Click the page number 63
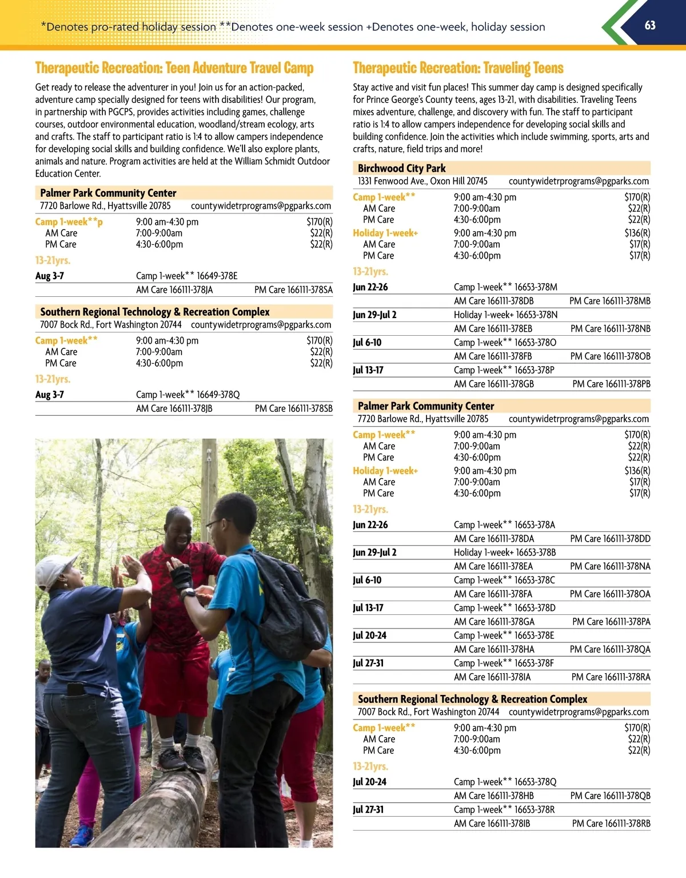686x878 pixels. tap(650, 25)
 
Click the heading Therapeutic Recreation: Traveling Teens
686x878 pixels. tap(458, 68)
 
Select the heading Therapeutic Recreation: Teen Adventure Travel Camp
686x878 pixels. tap(174, 68)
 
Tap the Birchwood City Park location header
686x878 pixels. tap(401, 168)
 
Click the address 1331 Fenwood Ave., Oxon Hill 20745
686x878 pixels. tap(422, 181)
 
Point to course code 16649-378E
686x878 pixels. tap(217, 276)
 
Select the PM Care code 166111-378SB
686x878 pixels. tap(293, 408)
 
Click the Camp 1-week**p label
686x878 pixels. tap(69, 221)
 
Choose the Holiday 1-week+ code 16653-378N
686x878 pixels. tap(536, 315)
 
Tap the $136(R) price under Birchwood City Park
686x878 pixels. tap(637, 233)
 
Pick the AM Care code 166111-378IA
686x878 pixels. tap(492, 677)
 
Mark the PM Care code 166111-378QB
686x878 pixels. tap(610, 796)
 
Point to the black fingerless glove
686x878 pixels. tap(181, 578)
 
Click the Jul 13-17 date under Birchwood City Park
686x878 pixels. tap(368, 370)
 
